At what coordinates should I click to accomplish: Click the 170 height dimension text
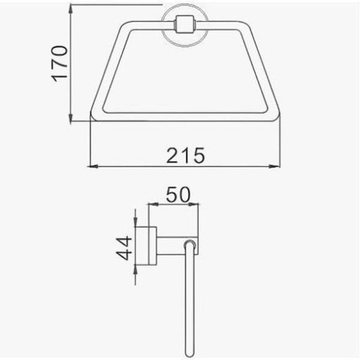coord(59,64)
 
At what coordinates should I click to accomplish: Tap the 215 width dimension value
coord(185,155)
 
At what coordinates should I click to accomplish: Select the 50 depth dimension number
coord(178,194)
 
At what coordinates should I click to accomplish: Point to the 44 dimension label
coord(124,248)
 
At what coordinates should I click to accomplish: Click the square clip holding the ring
coord(185,25)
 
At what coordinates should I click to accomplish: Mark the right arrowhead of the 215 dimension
coord(275,166)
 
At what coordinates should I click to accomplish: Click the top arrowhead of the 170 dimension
coord(71,10)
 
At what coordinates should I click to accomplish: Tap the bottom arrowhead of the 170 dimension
coord(71,116)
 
